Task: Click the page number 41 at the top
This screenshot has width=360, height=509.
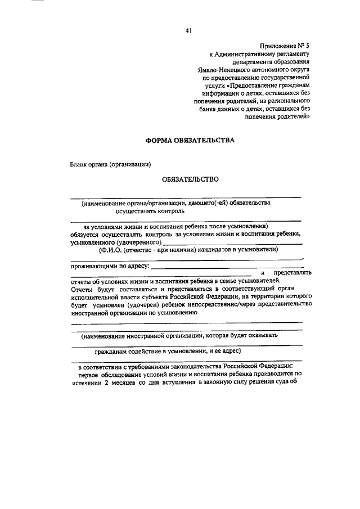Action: [x=188, y=31]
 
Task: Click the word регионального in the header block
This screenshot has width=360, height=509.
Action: [x=287, y=100]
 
